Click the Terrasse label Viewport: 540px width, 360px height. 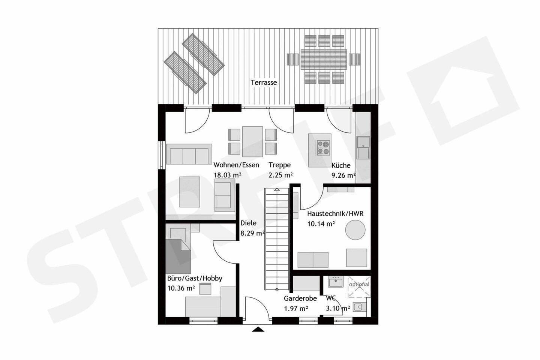[x=264, y=82]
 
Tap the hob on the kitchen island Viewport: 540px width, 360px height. [x=323, y=147]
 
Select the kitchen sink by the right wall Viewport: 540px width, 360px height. [x=363, y=148]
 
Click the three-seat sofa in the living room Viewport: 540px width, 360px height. [x=189, y=154]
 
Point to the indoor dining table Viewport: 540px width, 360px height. [x=252, y=141]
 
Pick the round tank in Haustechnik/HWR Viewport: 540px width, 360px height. [x=355, y=230]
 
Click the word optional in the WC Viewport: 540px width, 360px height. [x=359, y=284]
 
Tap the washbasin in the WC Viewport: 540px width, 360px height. [x=336, y=282]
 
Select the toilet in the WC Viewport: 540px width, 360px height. [x=360, y=307]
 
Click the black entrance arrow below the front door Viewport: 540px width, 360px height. [x=258, y=329]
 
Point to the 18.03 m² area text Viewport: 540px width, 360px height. [x=228, y=175]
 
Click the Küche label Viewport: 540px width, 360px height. [x=341, y=165]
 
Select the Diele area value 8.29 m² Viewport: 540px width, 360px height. [x=253, y=233]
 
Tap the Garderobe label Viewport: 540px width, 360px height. [x=300, y=298]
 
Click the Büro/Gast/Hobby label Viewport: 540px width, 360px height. [x=195, y=278]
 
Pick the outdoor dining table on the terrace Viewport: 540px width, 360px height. [x=324, y=59]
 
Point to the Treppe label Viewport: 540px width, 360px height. [x=280, y=165]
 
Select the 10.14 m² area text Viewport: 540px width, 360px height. [x=321, y=224]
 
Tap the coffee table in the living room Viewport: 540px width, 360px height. [x=190, y=192]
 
